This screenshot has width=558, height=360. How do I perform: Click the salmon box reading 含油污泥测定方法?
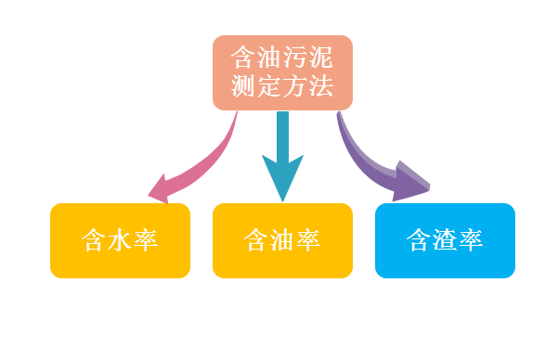[282, 72]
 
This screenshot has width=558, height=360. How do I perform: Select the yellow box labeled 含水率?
[120, 240]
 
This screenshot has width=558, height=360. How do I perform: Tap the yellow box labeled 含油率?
[282, 240]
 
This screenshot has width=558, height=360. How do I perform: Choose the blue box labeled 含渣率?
[445, 240]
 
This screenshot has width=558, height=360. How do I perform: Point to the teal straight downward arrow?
[282, 148]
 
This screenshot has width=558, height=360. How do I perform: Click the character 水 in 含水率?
[120, 240]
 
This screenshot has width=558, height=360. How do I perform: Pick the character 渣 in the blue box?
[445, 240]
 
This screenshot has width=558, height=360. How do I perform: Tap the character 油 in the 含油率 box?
[282, 240]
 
